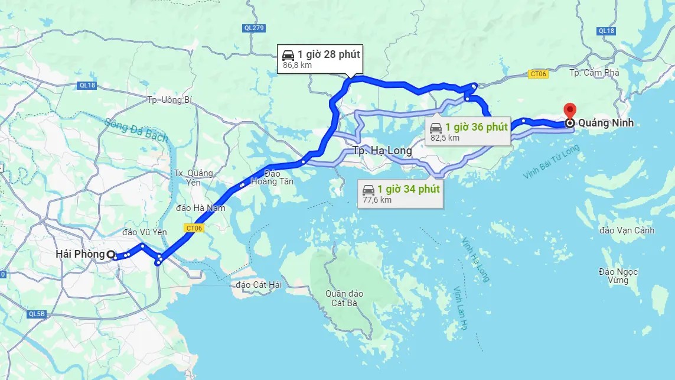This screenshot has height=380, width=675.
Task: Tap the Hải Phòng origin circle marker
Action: (x=110, y=254)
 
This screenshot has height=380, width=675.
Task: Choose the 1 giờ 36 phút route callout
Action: (x=468, y=131)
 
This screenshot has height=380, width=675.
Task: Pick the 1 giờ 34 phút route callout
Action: (x=402, y=193)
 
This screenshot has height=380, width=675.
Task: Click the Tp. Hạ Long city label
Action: (x=382, y=151)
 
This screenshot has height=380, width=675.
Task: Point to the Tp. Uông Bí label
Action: (x=170, y=100)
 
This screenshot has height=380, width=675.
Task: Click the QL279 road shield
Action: (x=254, y=28)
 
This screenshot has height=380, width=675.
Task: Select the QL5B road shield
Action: (x=37, y=314)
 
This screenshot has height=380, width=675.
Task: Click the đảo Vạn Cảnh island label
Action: (x=627, y=230)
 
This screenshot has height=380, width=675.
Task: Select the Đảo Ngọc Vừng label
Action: (x=618, y=275)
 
